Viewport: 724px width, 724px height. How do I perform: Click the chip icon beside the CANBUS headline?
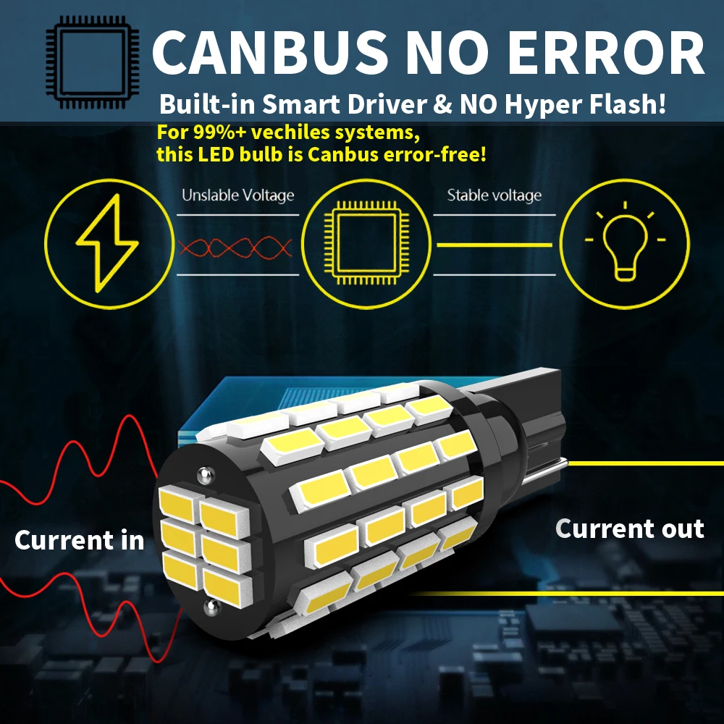point(92,63)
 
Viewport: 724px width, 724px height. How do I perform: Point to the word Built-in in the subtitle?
point(203,104)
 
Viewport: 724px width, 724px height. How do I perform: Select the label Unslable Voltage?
point(237,195)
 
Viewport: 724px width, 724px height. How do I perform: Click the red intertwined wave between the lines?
point(235,248)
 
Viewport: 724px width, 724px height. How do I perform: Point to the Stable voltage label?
point(494,195)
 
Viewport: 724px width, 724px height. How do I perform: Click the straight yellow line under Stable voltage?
point(495,245)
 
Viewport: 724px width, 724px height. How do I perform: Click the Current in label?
point(79,540)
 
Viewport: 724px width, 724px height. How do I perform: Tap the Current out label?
point(629,529)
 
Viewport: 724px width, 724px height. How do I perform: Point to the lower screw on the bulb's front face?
point(210,607)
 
